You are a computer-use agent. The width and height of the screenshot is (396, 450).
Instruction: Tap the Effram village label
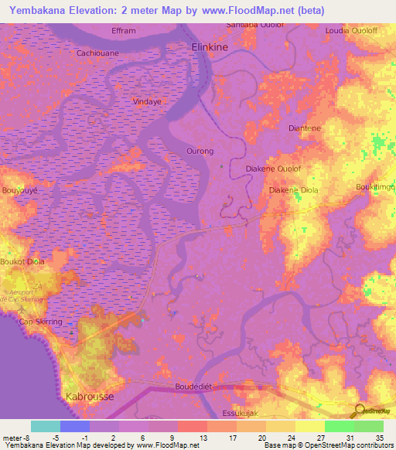click(123, 30)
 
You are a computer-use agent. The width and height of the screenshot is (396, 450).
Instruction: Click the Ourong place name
click(200, 152)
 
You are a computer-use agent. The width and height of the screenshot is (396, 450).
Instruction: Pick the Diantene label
click(303, 128)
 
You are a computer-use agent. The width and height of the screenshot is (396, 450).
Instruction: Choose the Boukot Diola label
click(23, 262)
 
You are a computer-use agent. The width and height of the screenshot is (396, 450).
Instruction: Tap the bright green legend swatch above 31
click(339, 426)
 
